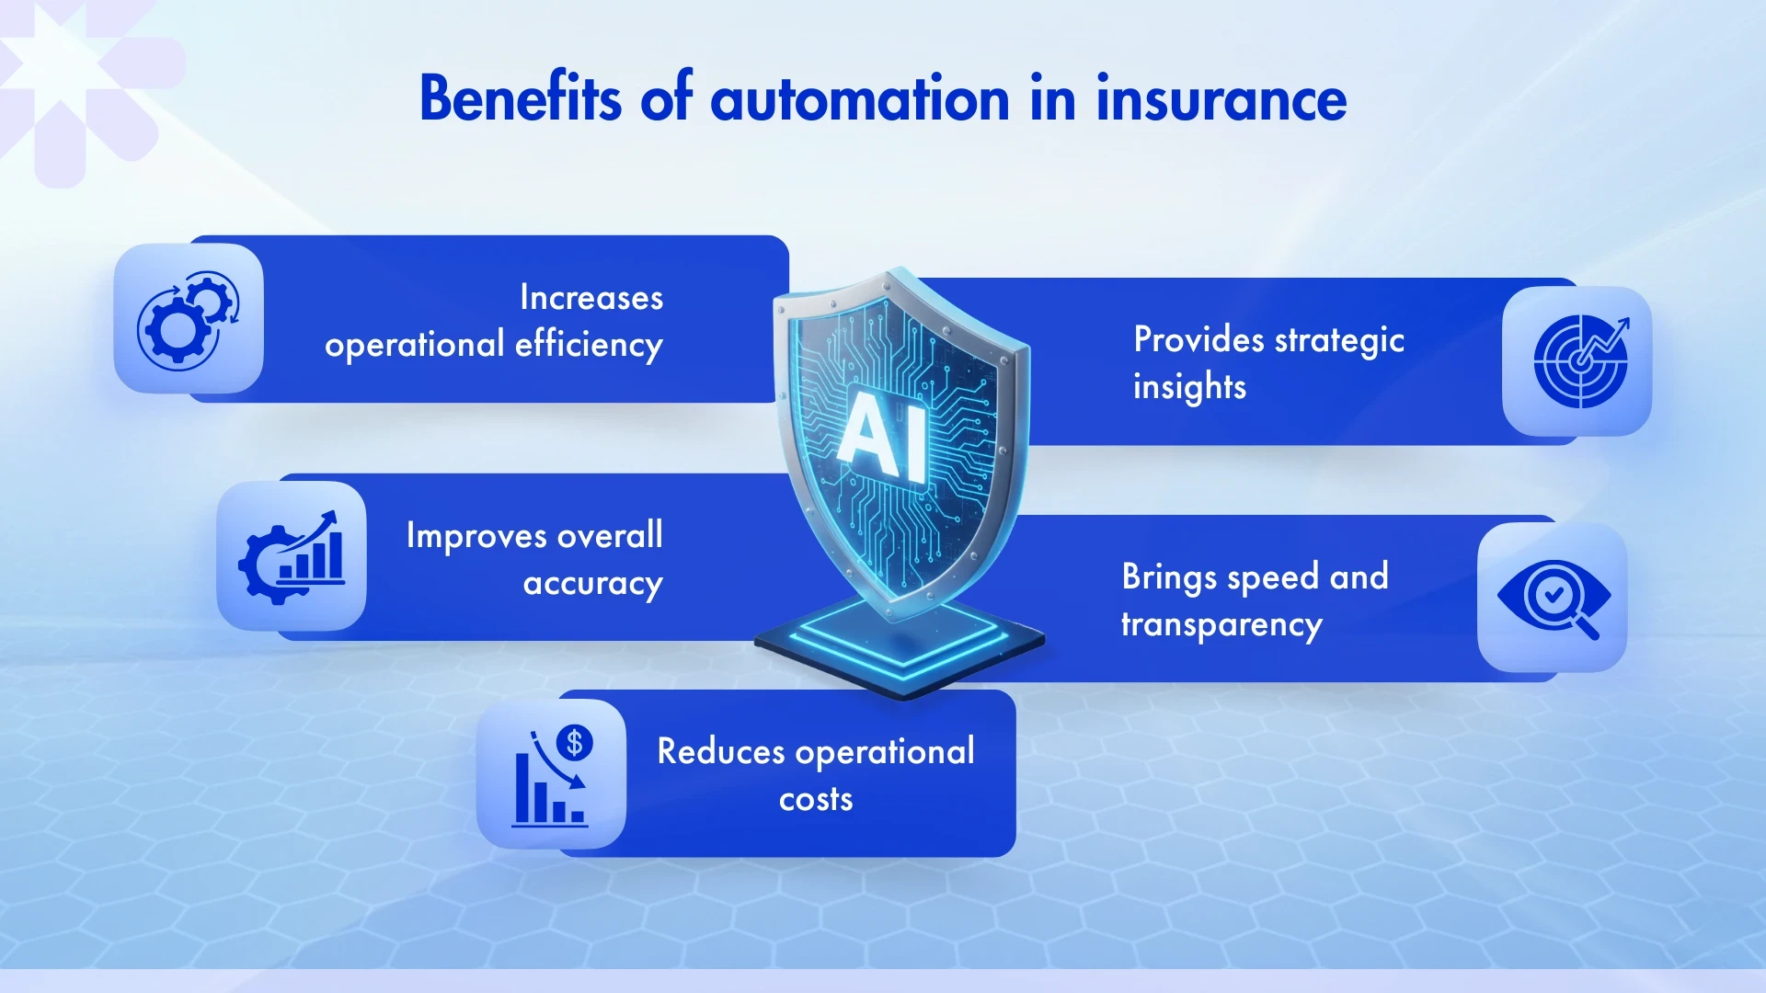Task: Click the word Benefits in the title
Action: tap(520, 98)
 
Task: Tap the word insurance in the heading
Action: tap(1221, 98)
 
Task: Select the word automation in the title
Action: tap(859, 98)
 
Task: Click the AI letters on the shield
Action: tap(884, 436)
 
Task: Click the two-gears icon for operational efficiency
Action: tap(189, 319)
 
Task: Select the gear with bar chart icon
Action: tap(292, 556)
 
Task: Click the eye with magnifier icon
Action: tap(1553, 598)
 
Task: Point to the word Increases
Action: tap(591, 298)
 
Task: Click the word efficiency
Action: tap(589, 345)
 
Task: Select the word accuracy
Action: tap(592, 584)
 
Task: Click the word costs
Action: tap(815, 799)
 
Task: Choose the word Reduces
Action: tap(720, 752)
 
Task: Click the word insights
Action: tap(1188, 387)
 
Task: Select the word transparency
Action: tap(1221, 625)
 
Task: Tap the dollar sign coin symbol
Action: tap(575, 742)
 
